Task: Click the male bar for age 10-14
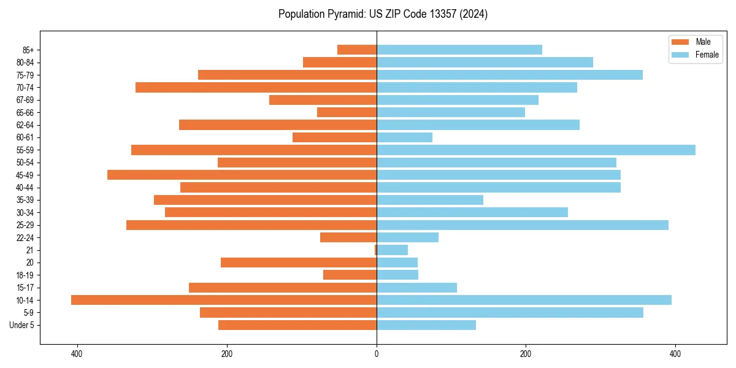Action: pyautogui.click(x=224, y=300)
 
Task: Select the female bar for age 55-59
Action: pyautogui.click(x=535, y=150)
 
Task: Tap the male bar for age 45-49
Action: pyautogui.click(x=242, y=175)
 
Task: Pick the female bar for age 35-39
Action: pyautogui.click(x=429, y=200)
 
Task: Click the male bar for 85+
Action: pyautogui.click(x=357, y=50)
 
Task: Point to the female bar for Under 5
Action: pyautogui.click(x=426, y=325)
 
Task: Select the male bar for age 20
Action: pyautogui.click(x=299, y=263)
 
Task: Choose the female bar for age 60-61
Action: pyautogui.click(x=404, y=137)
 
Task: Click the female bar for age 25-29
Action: pyautogui.click(x=522, y=225)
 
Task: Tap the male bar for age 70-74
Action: pyautogui.click(x=256, y=87)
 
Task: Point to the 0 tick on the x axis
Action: pyautogui.click(x=377, y=355)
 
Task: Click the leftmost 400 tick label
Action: pyautogui.click(x=77, y=355)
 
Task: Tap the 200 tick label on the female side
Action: pyautogui.click(x=526, y=355)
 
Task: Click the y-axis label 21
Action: pyautogui.click(x=30, y=250)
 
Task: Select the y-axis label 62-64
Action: pyautogui.click(x=25, y=125)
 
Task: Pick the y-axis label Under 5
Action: pyautogui.click(x=21, y=325)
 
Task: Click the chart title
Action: pyautogui.click(x=383, y=14)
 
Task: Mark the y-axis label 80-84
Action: pyautogui.click(x=25, y=63)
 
